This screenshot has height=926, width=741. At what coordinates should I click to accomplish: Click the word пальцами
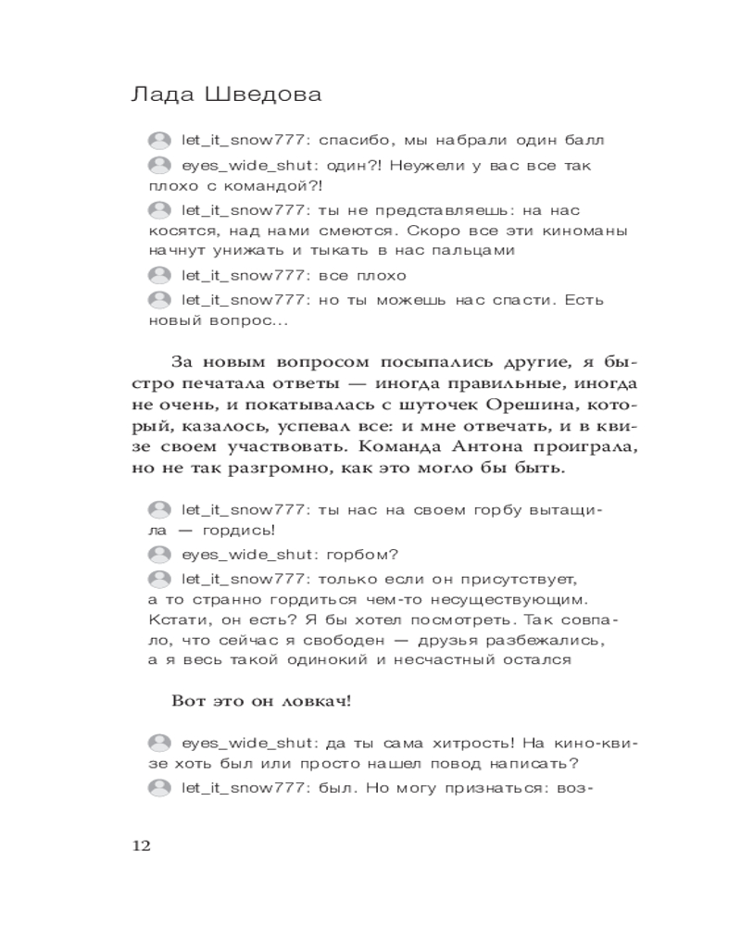point(463,250)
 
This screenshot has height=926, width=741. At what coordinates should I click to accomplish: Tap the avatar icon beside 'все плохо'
point(160,275)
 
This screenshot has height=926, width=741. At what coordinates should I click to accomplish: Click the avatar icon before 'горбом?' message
point(160,555)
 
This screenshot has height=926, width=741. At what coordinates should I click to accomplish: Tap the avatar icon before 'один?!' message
point(160,166)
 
